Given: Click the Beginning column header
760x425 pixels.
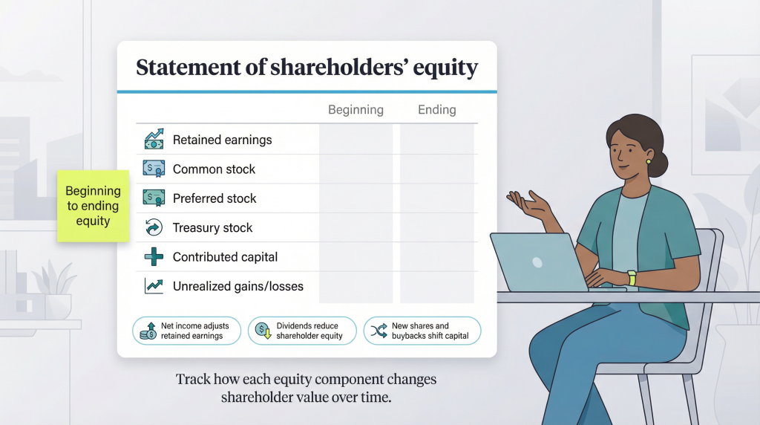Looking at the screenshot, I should click(356, 110).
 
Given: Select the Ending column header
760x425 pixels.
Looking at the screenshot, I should click(436, 110).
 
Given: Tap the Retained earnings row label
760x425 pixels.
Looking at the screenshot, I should click(222, 140).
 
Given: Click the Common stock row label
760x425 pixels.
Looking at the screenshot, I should click(214, 169).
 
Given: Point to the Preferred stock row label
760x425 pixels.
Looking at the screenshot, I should click(214, 198).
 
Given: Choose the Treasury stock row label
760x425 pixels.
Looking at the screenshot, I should click(212, 228).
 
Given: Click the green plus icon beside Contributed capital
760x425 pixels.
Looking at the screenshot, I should click(154, 257).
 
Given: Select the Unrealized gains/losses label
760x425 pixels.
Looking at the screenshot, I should click(237, 286).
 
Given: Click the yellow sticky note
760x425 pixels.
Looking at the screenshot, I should click(94, 206).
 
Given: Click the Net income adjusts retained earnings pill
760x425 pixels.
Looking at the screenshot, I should click(186, 331).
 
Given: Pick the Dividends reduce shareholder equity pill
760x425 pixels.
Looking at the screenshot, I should click(302, 331).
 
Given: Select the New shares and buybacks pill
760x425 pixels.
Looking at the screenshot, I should click(422, 331).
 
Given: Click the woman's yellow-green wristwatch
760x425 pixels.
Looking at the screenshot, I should click(632, 278).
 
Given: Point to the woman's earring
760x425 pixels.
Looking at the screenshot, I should click(648, 161).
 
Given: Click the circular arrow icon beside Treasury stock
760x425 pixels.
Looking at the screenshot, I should click(154, 228).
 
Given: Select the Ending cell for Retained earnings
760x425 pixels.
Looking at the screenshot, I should click(436, 140).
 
